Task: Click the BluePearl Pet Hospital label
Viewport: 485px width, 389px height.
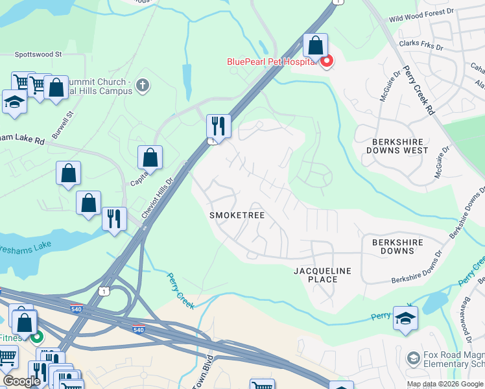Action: click(272, 62)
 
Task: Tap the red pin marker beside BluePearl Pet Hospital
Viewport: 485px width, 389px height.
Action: click(326, 61)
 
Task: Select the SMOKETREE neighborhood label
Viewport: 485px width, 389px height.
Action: click(237, 215)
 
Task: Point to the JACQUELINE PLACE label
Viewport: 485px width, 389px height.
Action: click(322, 275)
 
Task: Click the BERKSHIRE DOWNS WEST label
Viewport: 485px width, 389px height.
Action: click(400, 146)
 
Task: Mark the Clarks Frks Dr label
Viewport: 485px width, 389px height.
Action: click(421, 47)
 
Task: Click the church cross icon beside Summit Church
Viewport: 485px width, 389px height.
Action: click(143, 85)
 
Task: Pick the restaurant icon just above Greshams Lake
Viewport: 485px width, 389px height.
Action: click(114, 218)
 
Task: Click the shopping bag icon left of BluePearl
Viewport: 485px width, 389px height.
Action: click(315, 46)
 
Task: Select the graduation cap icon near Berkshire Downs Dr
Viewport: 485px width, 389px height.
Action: click(405, 318)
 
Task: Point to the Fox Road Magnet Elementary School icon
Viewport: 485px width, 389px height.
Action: click(413, 358)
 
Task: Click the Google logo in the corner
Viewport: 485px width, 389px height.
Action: click(21, 381)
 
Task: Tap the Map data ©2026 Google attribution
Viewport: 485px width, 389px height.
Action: click(445, 384)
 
